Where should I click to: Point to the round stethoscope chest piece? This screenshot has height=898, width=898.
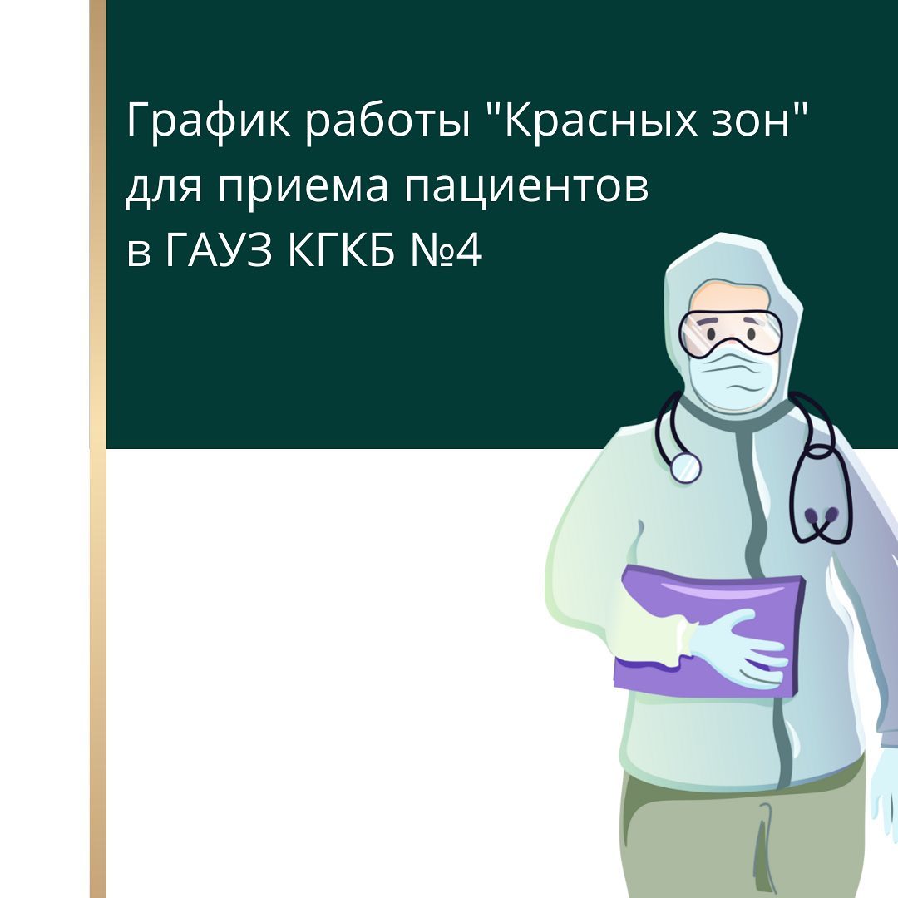click(685, 467)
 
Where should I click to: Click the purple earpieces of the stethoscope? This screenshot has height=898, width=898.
click(822, 516)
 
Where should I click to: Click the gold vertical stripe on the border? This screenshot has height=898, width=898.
click(98, 449)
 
